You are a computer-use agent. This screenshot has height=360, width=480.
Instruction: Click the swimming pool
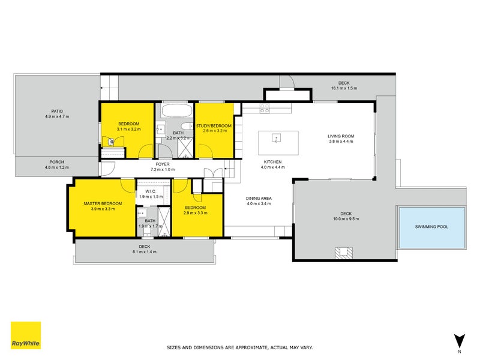[x=432, y=228]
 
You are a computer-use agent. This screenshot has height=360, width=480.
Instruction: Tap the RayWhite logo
[x=26, y=335]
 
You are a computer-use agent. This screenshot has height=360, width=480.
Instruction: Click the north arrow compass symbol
[x=459, y=341]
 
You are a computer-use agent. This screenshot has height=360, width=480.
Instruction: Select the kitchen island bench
[x=278, y=143]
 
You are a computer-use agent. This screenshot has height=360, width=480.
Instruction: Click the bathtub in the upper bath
[x=177, y=111]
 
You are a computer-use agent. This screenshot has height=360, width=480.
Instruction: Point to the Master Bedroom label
[x=103, y=203]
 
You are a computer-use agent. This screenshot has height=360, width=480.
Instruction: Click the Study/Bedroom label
[x=214, y=126]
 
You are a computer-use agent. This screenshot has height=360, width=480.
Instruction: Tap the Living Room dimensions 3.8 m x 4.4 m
[x=341, y=142]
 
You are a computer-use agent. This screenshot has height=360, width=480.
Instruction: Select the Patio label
[x=57, y=112]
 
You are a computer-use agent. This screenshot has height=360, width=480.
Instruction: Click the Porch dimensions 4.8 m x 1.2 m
[x=57, y=167]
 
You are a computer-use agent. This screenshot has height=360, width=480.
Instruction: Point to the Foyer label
[x=163, y=164]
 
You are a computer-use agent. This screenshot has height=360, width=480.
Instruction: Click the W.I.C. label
[x=151, y=191]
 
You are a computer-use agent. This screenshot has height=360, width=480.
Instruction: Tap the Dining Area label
[x=259, y=199]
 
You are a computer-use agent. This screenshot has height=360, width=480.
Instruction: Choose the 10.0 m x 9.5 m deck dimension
[x=346, y=219]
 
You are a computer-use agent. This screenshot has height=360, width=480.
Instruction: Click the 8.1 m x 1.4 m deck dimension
[x=145, y=252]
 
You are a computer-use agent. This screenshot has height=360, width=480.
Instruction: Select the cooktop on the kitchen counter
[x=265, y=109]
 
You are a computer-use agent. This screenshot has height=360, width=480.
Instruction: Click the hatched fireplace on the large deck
[x=343, y=253]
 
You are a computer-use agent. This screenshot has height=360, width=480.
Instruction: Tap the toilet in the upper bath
[x=187, y=126]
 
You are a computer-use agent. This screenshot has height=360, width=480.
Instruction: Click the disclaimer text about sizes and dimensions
[x=239, y=348]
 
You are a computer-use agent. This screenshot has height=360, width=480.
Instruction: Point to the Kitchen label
[x=273, y=162]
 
